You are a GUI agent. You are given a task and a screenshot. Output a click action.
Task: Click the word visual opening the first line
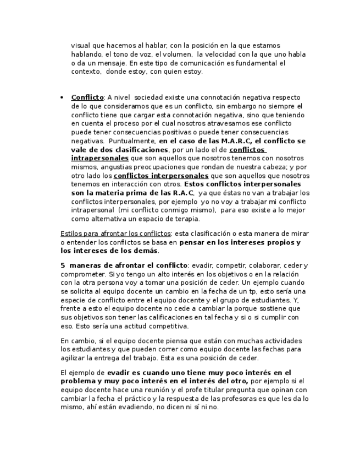point(81,46)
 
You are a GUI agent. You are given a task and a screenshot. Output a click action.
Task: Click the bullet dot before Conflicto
point(62,97)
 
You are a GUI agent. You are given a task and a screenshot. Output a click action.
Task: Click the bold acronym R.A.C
point(183,193)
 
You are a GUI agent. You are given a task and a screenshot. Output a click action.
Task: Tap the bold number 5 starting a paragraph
point(63,265)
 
